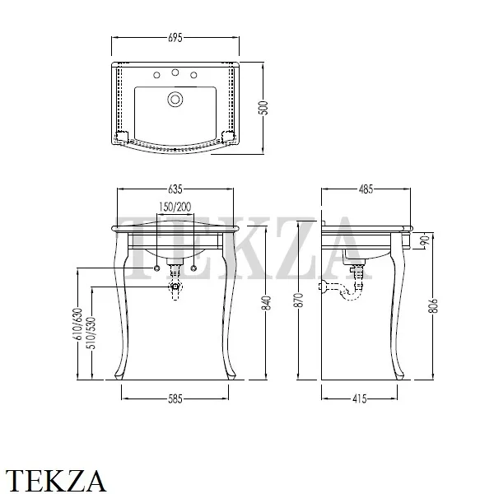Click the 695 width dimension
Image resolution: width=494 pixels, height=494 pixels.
click(x=175, y=38)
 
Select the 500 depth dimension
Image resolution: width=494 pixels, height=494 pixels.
click(x=264, y=108)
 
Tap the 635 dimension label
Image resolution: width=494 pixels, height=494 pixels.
click(x=175, y=189)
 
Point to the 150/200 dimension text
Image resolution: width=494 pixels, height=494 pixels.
click(x=175, y=207)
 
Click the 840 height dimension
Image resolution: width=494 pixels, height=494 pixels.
click(x=267, y=303)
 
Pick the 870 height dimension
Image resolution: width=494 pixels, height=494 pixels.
click(x=300, y=300)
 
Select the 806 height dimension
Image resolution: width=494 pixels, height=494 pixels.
click(x=434, y=305)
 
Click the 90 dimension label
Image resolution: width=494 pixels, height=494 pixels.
click(x=426, y=240)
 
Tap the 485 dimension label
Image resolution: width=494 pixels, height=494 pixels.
click(x=366, y=189)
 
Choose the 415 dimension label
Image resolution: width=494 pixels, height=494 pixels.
click(x=360, y=398)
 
